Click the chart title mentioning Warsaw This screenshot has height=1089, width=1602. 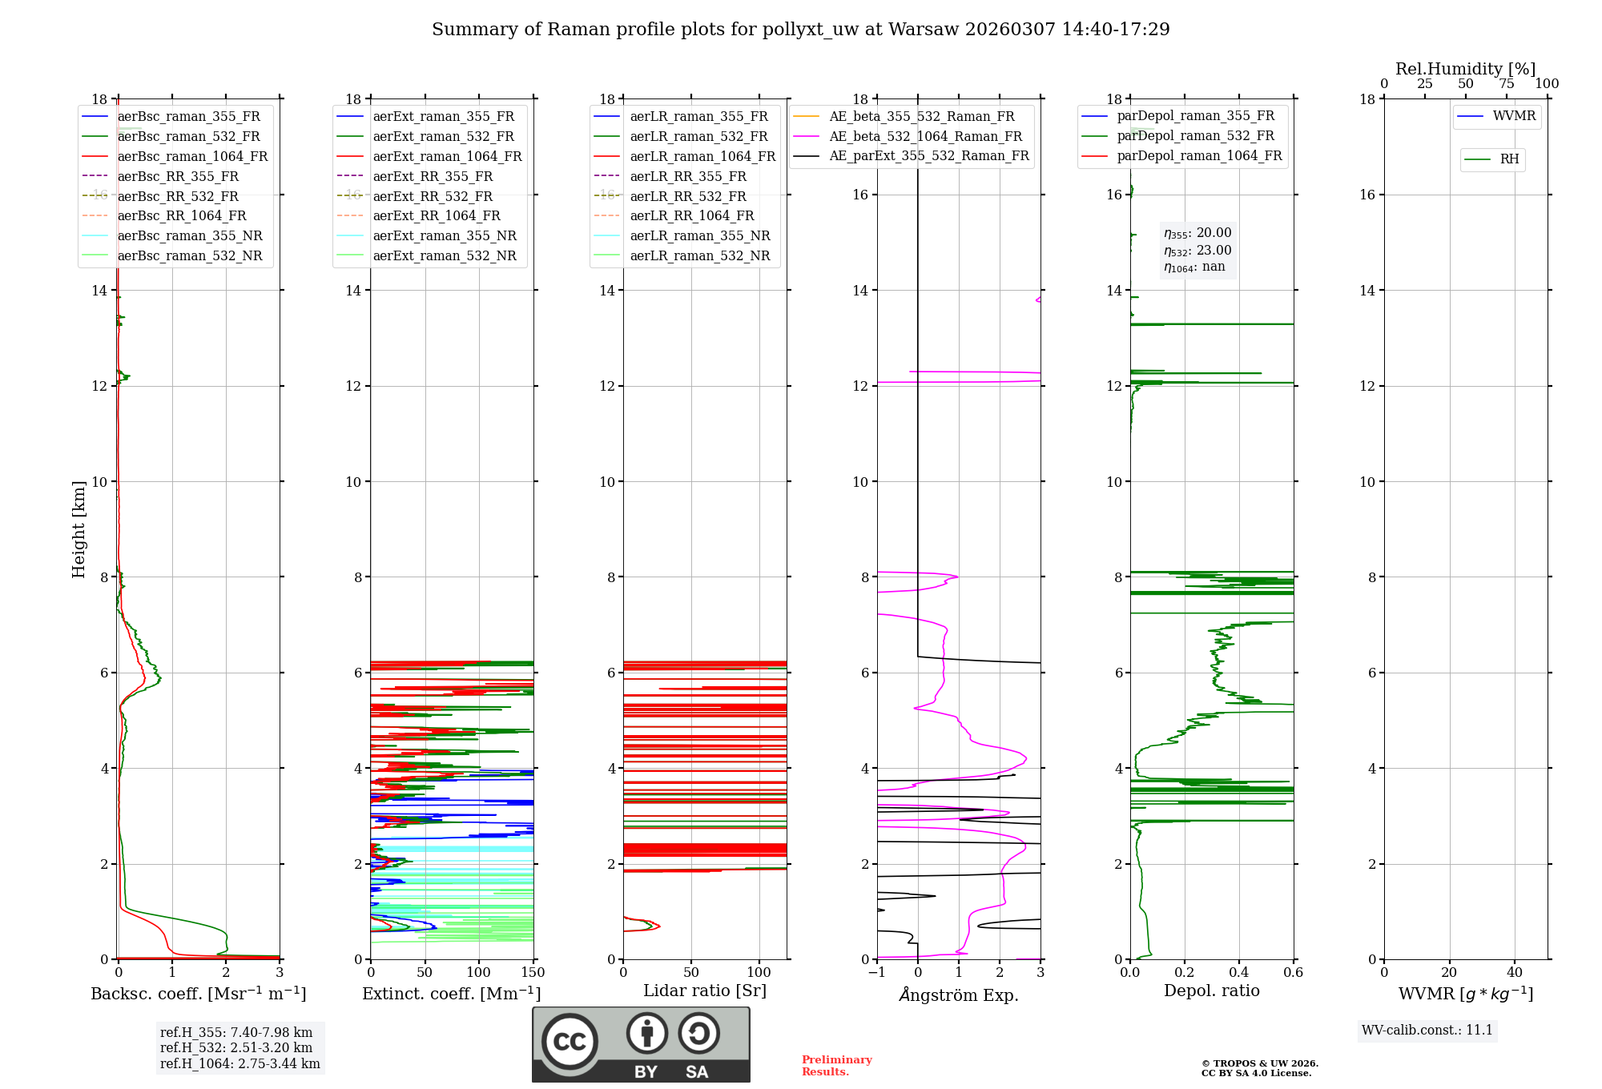tap(800, 30)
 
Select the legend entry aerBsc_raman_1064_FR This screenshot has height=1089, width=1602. tap(192, 157)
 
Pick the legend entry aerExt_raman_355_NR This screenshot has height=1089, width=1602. tap(445, 236)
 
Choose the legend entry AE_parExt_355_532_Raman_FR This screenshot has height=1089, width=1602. tap(929, 156)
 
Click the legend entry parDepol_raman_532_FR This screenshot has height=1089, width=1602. tap(1195, 136)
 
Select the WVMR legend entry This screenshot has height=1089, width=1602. tap(1514, 116)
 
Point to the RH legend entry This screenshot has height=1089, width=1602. tap(1509, 159)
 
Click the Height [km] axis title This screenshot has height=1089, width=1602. tap(78, 528)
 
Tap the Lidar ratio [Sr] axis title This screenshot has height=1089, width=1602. tap(705, 991)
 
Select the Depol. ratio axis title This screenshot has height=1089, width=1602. tap(1211, 991)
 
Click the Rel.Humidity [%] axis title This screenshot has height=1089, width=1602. tap(1465, 69)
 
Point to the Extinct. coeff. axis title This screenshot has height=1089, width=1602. tap(451, 994)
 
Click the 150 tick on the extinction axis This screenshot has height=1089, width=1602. tap(533, 973)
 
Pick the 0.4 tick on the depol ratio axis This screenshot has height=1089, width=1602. tap(1239, 973)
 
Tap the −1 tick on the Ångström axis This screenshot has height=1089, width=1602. tap(876, 973)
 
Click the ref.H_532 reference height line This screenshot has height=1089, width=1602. tap(236, 1048)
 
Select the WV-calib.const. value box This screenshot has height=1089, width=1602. tap(1427, 1031)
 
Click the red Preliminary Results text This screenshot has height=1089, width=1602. tap(836, 1066)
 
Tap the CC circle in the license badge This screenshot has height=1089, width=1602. tap(570, 1042)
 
